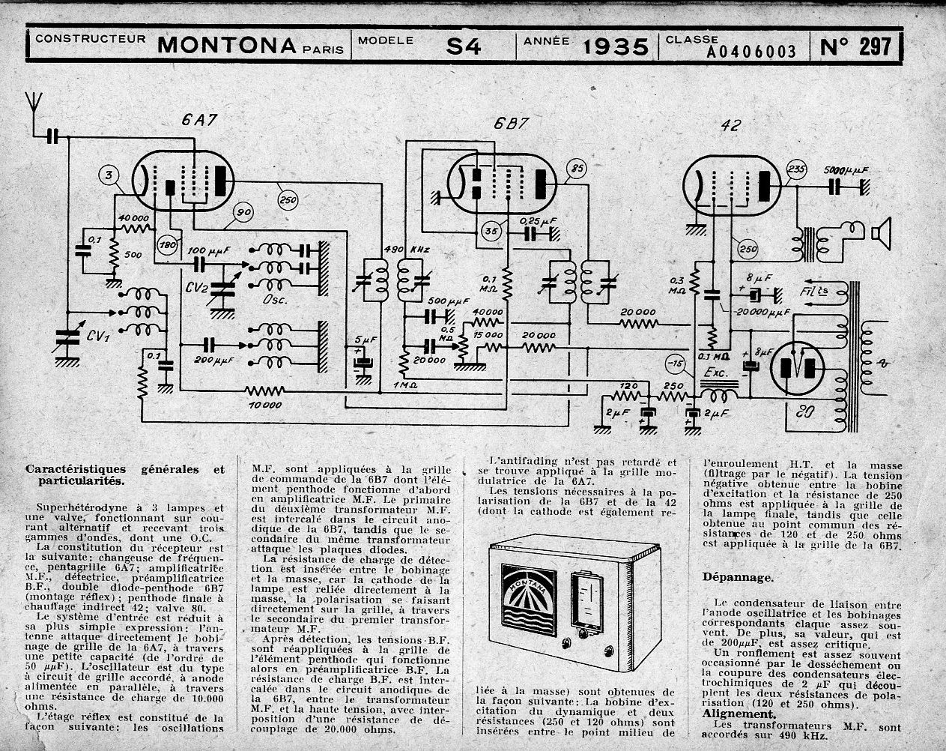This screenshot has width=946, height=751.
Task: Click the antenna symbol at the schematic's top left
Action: tap(32, 103)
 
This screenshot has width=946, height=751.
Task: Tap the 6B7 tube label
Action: tap(510, 124)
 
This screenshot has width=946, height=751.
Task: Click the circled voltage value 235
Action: tap(798, 170)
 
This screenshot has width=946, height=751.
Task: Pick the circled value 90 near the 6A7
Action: tap(243, 212)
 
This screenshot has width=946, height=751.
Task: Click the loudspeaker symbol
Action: tap(881, 235)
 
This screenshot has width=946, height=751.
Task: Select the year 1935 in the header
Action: tap(616, 47)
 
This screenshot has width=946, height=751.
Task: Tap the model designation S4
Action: tap(464, 47)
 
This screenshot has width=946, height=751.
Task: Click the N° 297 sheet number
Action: tap(856, 46)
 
